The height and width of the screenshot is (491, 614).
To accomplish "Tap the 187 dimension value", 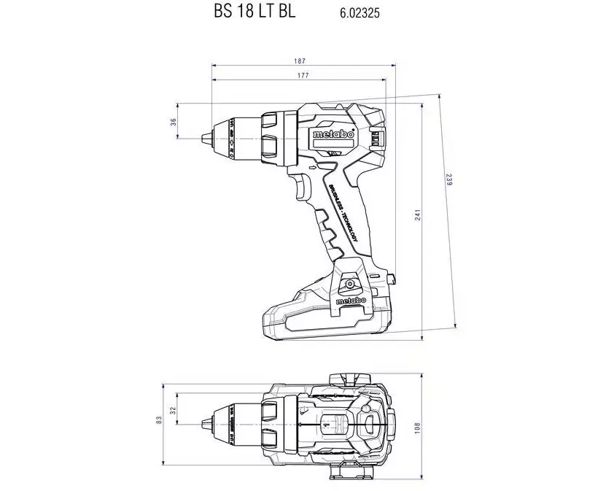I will click(300, 61).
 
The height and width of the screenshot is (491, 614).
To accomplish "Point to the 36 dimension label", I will click(174, 122).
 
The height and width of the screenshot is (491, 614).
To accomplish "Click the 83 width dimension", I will click(159, 421).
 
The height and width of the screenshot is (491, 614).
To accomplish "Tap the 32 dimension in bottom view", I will click(173, 411).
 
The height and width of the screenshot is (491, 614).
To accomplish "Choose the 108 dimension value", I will click(418, 426).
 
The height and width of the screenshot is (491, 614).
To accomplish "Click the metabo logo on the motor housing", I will click(333, 136).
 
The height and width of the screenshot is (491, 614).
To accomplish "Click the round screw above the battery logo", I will click(349, 283).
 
